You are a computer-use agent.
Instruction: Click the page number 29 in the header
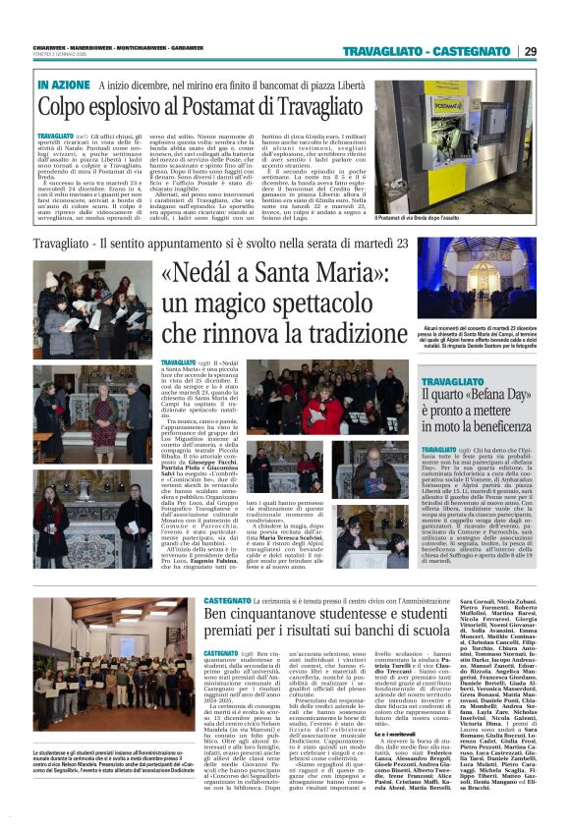530,51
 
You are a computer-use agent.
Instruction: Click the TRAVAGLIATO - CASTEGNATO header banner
427,51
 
